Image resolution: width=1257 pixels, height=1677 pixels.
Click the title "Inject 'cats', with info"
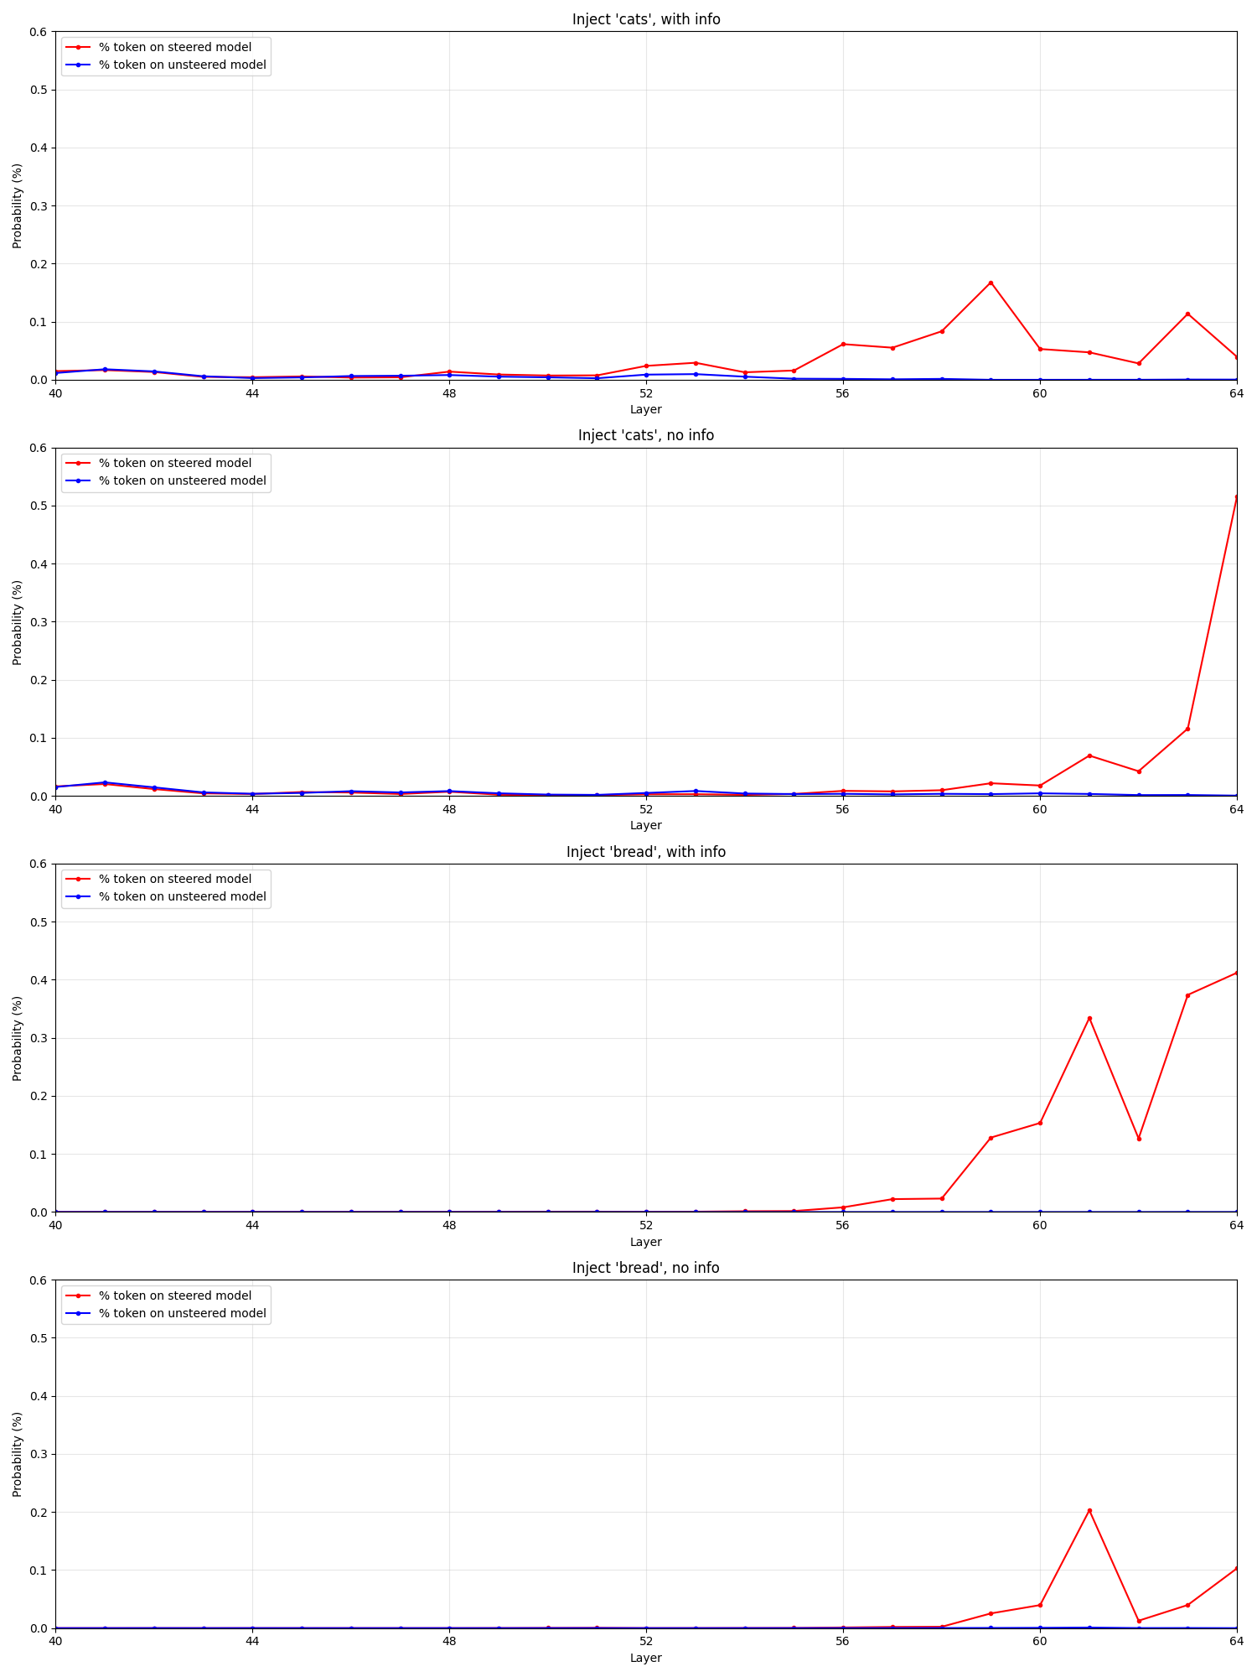pyautogui.click(x=645, y=19)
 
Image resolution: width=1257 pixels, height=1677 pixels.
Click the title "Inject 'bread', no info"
pyautogui.click(x=645, y=1268)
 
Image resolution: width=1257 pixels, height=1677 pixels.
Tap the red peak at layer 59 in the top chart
pyautogui.click(x=991, y=283)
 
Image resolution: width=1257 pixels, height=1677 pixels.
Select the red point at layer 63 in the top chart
pyautogui.click(x=1187, y=314)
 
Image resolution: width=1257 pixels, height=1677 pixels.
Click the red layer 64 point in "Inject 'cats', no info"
pyautogui.click(x=1236, y=497)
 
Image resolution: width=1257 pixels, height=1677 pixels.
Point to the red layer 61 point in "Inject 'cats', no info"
pyautogui.click(x=1089, y=755)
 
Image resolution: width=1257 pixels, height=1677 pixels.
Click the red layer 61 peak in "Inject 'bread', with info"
pyautogui.click(x=1089, y=1018)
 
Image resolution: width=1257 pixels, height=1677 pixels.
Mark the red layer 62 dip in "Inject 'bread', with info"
pyautogui.click(x=1138, y=1139)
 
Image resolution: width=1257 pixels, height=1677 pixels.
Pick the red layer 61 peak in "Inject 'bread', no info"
pyautogui.click(x=1089, y=1510)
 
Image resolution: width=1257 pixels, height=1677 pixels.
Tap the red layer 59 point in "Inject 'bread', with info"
pyautogui.click(x=991, y=1138)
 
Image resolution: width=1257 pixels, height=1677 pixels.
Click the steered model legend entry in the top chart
pyautogui.click(x=174, y=47)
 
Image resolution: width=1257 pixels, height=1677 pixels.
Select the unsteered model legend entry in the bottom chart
pyautogui.click(x=182, y=1313)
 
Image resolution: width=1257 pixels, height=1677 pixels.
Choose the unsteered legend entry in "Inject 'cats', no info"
pyautogui.click(x=182, y=480)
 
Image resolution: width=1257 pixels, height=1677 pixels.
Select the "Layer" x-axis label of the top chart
pyautogui.click(x=645, y=409)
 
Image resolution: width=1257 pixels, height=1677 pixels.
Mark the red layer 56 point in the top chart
pyautogui.click(x=843, y=344)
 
